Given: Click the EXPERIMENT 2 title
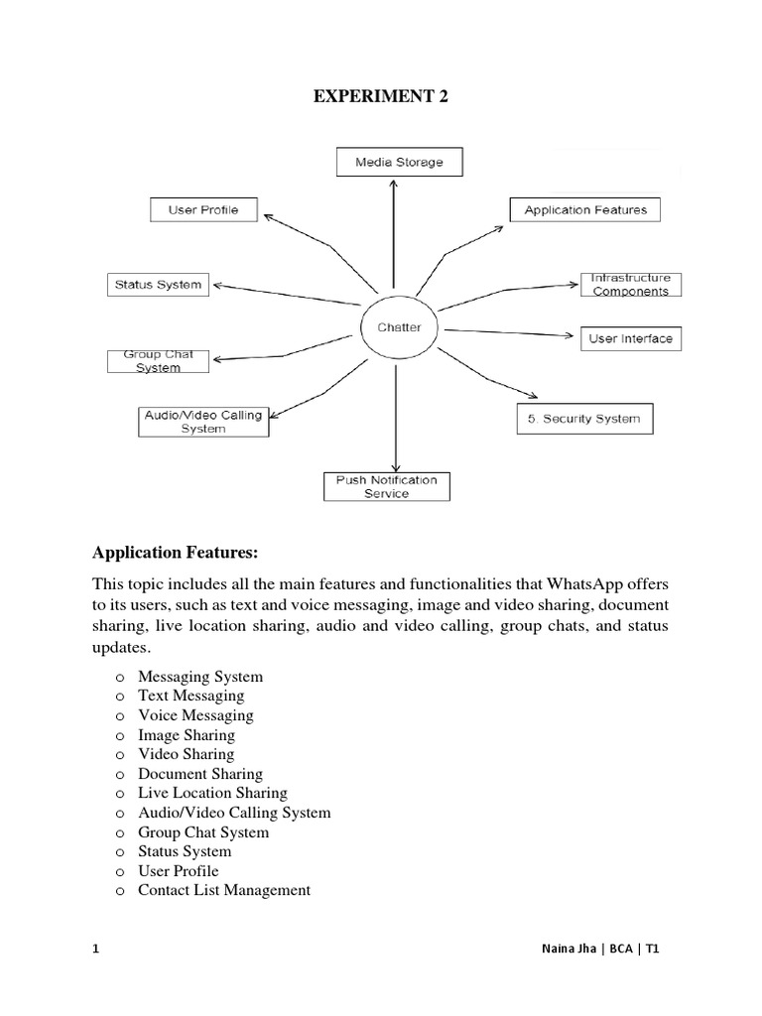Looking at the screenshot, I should coord(382,96).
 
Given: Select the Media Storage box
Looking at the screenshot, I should coord(397,162).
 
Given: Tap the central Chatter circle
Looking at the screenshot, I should coord(399,326).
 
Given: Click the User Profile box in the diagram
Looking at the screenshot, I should coord(203,210).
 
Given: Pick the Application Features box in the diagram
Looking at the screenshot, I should coord(584,210).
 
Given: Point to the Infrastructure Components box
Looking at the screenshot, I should coord(631,285).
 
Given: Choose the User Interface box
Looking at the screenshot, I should coord(630,338).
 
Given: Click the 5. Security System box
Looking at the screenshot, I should coord(585,419).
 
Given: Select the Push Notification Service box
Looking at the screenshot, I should coord(386,486).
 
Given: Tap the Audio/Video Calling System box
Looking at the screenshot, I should coord(203,422).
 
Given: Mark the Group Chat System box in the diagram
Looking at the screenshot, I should coord(159,361).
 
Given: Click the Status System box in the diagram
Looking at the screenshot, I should coord(159,285).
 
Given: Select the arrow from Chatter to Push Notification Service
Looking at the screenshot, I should coord(397,417).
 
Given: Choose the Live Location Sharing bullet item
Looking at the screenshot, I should coord(212,793).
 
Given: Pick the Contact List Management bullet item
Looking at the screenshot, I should coord(224,890).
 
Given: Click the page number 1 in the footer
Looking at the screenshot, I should coord(96,949).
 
